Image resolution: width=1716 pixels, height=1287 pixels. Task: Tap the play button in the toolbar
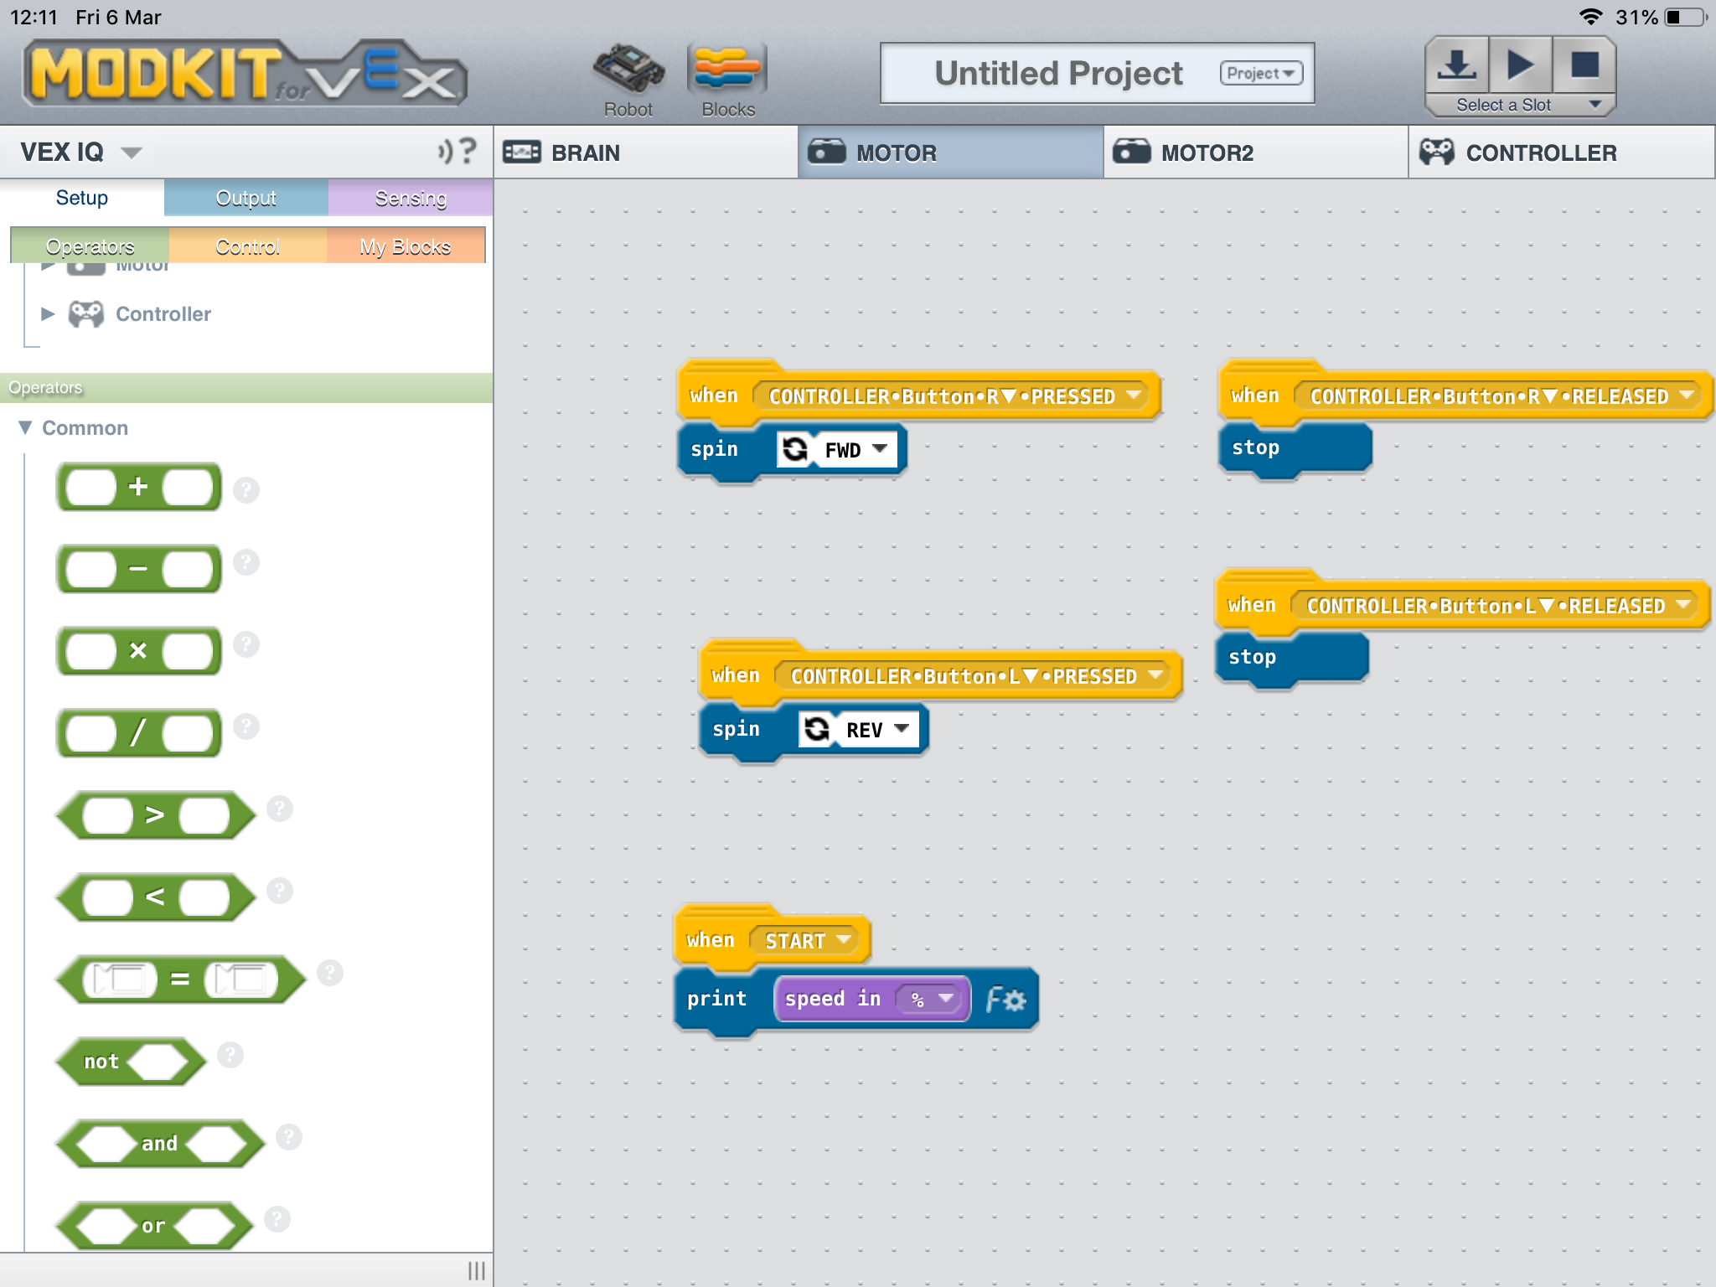pyautogui.click(x=1520, y=65)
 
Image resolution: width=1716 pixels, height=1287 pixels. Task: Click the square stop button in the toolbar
pyautogui.click(x=1584, y=65)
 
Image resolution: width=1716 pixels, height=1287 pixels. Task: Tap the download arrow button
pyautogui.click(x=1457, y=65)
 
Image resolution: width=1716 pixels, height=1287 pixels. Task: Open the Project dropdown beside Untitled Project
pyautogui.click(x=1261, y=73)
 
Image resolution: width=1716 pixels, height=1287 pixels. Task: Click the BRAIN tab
pyautogui.click(x=646, y=152)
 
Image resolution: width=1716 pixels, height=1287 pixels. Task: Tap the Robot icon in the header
pyautogui.click(x=628, y=80)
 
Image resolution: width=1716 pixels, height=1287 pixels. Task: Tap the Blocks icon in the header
pyautogui.click(x=727, y=80)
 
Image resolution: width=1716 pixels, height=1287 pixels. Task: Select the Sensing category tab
pyautogui.click(x=411, y=198)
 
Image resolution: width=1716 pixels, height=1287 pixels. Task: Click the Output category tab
pyautogui.click(x=246, y=198)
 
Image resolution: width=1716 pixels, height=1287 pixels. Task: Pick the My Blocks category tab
pyautogui.click(x=406, y=246)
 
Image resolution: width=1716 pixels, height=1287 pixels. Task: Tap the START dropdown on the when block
pyautogui.click(x=809, y=940)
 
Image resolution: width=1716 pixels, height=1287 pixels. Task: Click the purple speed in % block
pyautogui.click(x=871, y=999)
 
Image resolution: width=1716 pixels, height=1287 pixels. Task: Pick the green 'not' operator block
pyautogui.click(x=131, y=1062)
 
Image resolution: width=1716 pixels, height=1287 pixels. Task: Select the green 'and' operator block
pyautogui.click(x=160, y=1144)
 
